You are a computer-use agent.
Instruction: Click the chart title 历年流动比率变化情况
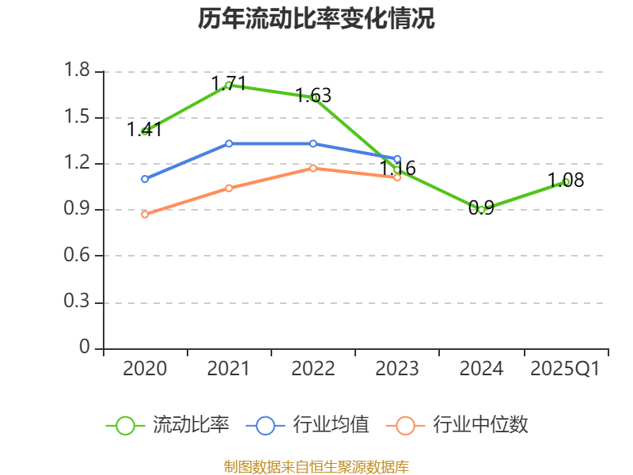316,19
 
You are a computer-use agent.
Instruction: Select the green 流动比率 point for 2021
229,85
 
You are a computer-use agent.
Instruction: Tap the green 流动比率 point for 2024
481,210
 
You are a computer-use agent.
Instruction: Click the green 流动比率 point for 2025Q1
566,181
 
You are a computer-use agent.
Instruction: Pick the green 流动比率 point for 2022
313,97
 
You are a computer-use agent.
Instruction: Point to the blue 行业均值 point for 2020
145,179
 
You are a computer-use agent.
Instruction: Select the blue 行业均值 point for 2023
397,159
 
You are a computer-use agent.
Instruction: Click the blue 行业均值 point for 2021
229,143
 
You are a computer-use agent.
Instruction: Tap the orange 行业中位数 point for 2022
313,168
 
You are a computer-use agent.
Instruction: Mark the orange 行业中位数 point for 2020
145,215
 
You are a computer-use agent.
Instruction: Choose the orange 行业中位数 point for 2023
397,177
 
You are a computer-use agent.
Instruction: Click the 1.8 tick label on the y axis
78,71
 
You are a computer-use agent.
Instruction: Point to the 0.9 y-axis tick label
78,210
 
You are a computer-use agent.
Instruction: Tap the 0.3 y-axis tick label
78,302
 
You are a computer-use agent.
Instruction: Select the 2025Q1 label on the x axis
565,369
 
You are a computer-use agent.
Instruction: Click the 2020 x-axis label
145,369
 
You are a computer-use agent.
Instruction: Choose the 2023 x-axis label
397,369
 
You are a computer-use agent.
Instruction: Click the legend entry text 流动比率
191,425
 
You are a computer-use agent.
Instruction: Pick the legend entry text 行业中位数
480,425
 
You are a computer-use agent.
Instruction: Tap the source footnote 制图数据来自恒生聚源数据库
316,466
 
